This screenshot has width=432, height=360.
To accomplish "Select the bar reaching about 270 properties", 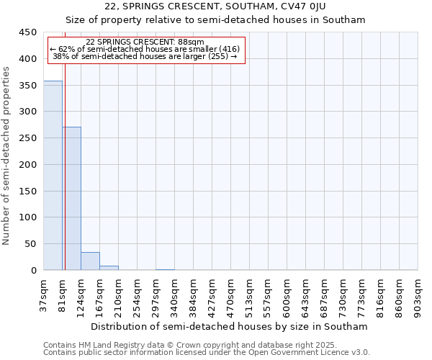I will [x=71, y=199].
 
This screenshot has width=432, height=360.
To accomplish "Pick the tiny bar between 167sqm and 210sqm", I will [x=109, y=268].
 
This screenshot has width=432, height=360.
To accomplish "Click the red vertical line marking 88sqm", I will [x=65, y=151].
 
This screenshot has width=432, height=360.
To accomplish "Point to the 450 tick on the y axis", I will [x=28, y=32].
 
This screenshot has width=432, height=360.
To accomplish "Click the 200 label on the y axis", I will [x=28, y=165].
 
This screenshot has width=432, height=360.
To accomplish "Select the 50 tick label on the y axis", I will [x=31, y=244].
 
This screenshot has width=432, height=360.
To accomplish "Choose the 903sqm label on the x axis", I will [x=418, y=294].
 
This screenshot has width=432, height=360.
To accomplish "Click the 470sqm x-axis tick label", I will [x=231, y=294].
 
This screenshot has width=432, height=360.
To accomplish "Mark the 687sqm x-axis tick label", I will [x=325, y=294].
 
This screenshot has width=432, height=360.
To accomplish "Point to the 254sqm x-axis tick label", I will [x=138, y=294].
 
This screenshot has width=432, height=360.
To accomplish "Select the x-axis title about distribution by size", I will [x=230, y=326].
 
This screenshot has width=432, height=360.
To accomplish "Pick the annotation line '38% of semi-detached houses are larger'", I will [x=145, y=56].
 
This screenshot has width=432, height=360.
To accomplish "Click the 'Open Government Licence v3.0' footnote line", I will [x=207, y=353].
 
